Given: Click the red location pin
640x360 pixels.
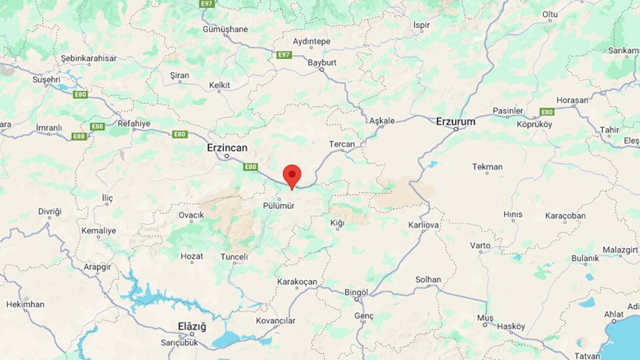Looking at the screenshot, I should (x=292, y=175).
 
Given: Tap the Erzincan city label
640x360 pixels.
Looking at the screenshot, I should (x=227, y=147).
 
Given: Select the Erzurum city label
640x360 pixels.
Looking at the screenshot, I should (x=455, y=121).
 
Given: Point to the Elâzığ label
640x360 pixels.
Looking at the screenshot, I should (x=192, y=326).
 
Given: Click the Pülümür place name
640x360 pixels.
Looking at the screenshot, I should (x=279, y=205).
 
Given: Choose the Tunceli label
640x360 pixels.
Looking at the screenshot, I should (x=234, y=256).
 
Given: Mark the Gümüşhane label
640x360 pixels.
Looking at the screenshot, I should (x=225, y=29).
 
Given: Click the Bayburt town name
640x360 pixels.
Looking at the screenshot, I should (x=322, y=62).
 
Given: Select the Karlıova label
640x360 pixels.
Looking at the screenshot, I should (x=424, y=225).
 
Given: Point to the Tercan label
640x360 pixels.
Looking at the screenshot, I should (x=342, y=144).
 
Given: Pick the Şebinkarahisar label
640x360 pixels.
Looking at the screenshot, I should (x=89, y=58).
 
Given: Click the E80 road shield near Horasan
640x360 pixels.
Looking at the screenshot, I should (x=547, y=112).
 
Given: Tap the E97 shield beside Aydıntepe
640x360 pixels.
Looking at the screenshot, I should (x=284, y=55).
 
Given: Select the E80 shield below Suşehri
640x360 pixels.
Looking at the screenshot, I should (x=80, y=95).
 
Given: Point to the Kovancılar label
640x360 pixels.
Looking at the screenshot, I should (x=275, y=320).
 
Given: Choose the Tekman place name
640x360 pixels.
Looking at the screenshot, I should (x=487, y=167).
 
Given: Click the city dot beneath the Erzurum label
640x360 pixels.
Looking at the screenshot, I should (x=456, y=129).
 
